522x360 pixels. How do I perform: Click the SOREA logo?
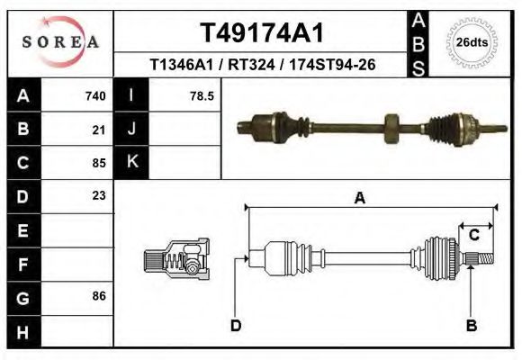61,42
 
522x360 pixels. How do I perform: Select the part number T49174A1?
261,33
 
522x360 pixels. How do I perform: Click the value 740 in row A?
95,95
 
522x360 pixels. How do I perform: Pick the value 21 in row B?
99,129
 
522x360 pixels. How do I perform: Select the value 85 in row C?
99,163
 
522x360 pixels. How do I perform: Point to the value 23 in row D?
99,195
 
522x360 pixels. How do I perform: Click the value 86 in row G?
99,295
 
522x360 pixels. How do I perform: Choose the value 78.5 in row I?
202,95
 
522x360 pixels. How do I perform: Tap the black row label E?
22,229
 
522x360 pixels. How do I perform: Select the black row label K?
131,162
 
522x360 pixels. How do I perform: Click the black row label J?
131,129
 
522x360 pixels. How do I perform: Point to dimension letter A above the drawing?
360,199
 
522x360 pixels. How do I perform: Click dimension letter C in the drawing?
473,236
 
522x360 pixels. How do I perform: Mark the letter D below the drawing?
236,325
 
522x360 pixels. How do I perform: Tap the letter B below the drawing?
471,325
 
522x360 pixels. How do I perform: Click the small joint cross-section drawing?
176,259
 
